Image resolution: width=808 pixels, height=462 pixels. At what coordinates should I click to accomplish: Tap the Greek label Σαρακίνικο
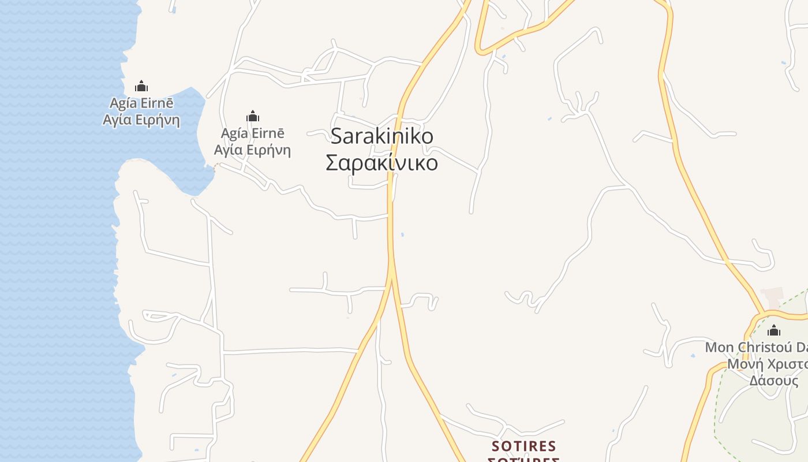381,163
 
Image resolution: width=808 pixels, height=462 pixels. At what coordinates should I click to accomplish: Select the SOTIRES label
523,446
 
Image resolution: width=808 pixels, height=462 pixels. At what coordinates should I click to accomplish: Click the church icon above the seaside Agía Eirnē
141,87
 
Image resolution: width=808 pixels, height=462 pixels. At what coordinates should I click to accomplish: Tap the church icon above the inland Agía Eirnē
252,116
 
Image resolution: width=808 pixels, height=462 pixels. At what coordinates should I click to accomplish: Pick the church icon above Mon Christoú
774,330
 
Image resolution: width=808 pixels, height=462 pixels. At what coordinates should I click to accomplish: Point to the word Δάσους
774,381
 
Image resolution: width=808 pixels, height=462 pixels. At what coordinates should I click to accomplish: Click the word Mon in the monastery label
719,348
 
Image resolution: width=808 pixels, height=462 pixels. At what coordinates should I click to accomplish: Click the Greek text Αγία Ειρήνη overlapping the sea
141,120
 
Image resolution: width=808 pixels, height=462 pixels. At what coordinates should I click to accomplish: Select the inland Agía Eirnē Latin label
252,133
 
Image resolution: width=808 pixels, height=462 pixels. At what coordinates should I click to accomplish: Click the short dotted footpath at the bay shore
216,168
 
